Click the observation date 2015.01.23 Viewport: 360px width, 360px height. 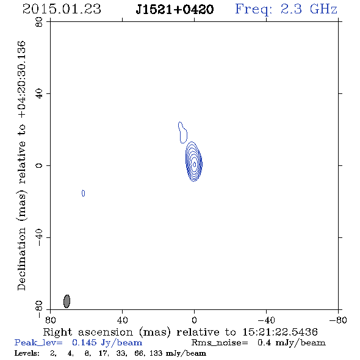point(62,9)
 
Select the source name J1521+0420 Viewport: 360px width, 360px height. point(175,10)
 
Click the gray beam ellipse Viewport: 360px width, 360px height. point(67,301)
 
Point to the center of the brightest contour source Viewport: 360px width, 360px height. point(194,164)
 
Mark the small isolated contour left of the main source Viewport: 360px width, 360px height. point(84,193)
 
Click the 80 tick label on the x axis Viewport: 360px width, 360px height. point(50,320)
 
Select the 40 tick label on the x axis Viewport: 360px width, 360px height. point(122,320)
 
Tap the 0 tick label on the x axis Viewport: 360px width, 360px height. point(194,320)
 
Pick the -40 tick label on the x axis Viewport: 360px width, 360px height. point(266,320)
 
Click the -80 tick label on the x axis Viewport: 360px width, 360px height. point(338,320)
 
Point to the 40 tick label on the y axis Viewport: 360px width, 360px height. point(39,94)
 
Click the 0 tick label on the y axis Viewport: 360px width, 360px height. point(39,165)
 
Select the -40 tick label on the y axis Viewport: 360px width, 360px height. point(39,237)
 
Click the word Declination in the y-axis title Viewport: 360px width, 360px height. point(21,259)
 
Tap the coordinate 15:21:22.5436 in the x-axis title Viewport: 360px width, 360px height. point(280,332)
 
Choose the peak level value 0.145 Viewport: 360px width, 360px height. point(84,342)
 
